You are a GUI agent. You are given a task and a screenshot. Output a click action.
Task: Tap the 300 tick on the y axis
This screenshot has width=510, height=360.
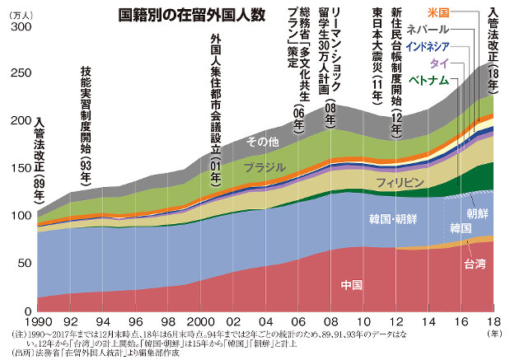[x=17, y=27]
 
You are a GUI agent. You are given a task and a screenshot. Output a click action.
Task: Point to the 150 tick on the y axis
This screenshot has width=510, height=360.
[x=17, y=168]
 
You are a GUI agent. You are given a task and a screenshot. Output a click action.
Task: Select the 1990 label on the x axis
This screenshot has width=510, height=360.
[x=38, y=320]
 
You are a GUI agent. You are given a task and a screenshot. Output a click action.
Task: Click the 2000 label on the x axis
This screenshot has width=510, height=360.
[x=199, y=320]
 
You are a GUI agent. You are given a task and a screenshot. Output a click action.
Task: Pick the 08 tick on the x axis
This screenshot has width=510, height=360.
[x=330, y=320]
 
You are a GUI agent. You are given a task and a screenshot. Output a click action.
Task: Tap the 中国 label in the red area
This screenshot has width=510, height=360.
[x=352, y=285]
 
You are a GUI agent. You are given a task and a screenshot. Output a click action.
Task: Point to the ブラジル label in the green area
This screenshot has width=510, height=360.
[x=264, y=167]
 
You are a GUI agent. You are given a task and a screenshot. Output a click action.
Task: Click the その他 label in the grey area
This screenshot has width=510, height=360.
[x=264, y=142]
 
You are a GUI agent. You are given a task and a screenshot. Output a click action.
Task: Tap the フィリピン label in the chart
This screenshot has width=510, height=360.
[x=400, y=180]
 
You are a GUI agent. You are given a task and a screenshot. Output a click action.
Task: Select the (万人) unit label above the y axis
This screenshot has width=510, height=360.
[x=17, y=14]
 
